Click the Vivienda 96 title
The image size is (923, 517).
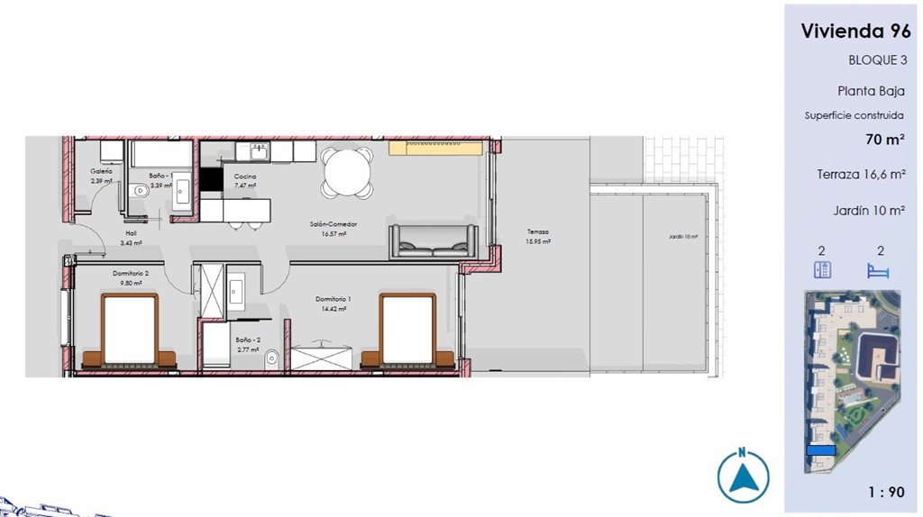tap(855, 31)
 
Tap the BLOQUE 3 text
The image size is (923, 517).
tap(877, 60)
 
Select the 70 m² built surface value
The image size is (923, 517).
tap(884, 139)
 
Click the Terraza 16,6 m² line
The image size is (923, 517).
tap(861, 175)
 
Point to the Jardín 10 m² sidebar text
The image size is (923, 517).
tap(869, 210)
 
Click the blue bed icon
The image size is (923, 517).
tap(877, 270)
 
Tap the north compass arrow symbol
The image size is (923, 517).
tap(743, 476)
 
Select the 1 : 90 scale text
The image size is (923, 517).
tap(886, 492)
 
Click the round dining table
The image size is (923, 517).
tap(348, 172)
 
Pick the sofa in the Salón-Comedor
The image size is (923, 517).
tap(433, 240)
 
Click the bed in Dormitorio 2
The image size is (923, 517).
tap(130, 332)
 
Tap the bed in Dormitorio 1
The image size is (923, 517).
tap(408, 332)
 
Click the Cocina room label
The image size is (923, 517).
tap(245, 177)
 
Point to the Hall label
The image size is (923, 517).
tap(131, 232)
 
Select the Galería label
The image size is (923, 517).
tap(101, 171)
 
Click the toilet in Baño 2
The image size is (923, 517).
tap(272, 359)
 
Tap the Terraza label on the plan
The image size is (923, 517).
tap(537, 231)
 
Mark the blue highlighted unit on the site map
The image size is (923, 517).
tap(820, 450)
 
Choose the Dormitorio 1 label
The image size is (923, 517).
tap(333, 299)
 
